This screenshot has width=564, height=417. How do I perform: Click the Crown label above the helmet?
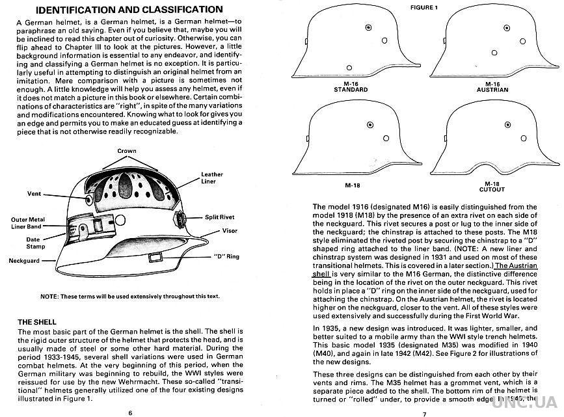(x=127, y=151)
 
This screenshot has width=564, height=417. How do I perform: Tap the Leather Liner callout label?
(x=212, y=178)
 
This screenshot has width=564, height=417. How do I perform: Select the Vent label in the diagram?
(x=34, y=194)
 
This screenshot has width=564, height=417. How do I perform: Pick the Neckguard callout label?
(x=25, y=260)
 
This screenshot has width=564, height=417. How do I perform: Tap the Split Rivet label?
(x=219, y=217)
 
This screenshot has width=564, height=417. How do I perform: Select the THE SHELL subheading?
(x=36, y=322)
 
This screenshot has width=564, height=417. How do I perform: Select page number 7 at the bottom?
(x=423, y=413)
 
